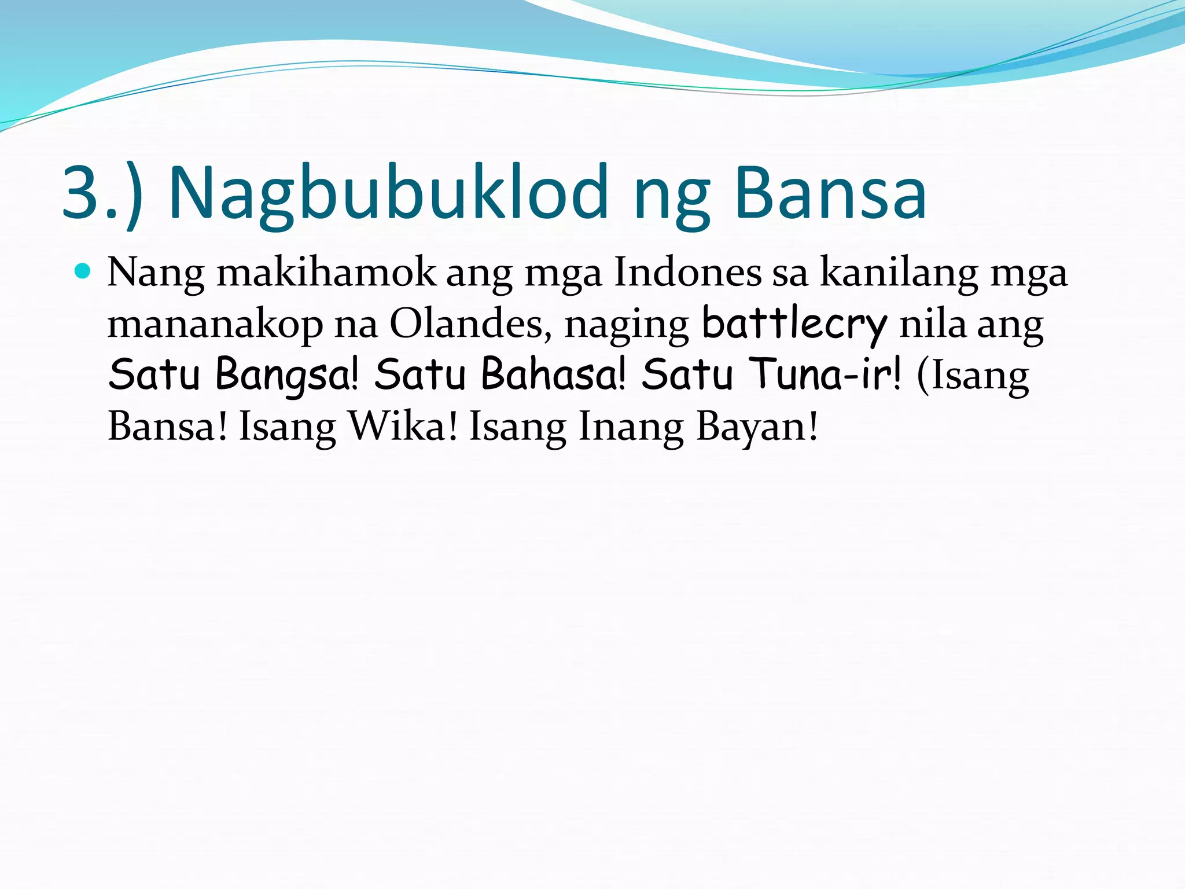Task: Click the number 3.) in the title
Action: [x=102, y=194]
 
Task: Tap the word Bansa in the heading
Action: [x=830, y=194]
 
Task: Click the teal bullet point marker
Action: [x=83, y=271]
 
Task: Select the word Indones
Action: [x=687, y=273]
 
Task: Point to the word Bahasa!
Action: [x=554, y=375]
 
